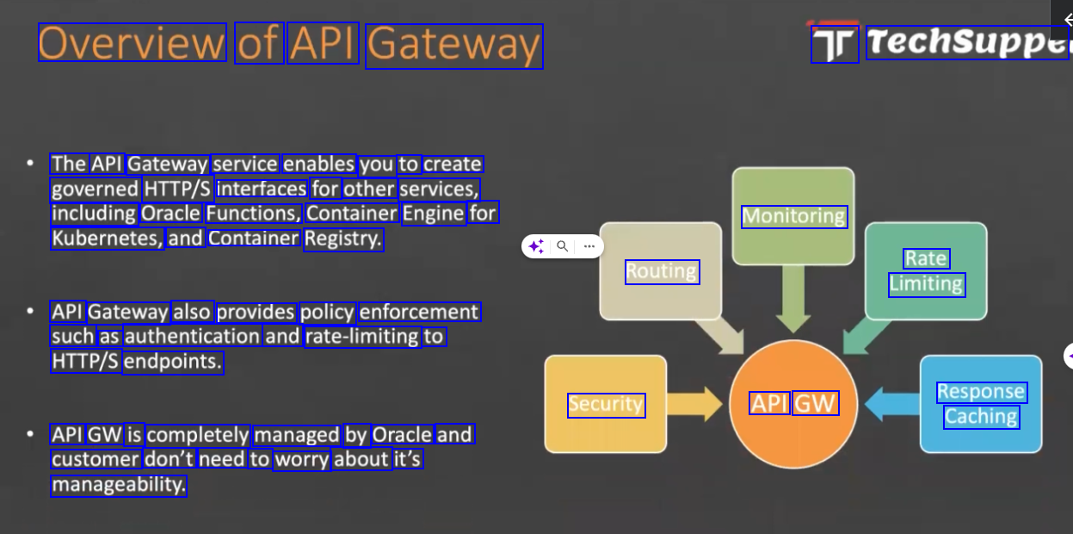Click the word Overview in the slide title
pos(132,43)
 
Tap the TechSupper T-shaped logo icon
pos(835,44)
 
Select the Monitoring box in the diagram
pos(793,216)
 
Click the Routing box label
pos(661,272)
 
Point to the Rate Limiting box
pos(926,271)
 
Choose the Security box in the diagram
pos(606,405)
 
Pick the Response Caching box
pos(981,404)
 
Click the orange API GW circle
pos(793,404)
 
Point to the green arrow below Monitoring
pos(792,297)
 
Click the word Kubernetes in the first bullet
pos(107,239)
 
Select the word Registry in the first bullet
pos(342,239)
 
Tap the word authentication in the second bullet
pos(192,337)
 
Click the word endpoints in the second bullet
pos(173,362)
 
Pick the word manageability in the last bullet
pos(119,485)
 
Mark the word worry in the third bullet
pos(302,460)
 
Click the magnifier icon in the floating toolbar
pos(562,246)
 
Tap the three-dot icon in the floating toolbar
pos(589,246)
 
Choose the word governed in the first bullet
pos(95,189)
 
